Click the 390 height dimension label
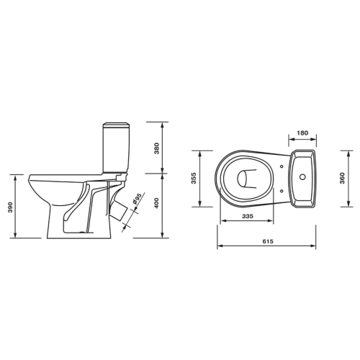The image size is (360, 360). (10, 207)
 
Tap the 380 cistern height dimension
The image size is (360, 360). (157, 148)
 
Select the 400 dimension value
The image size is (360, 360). (157, 203)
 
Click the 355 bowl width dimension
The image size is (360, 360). (194, 178)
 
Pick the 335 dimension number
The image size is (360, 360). (248, 216)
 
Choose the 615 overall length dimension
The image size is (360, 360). (268, 241)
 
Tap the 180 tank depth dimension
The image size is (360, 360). (302, 132)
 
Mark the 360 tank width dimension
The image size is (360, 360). (342, 178)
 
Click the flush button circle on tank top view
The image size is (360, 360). (302, 177)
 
